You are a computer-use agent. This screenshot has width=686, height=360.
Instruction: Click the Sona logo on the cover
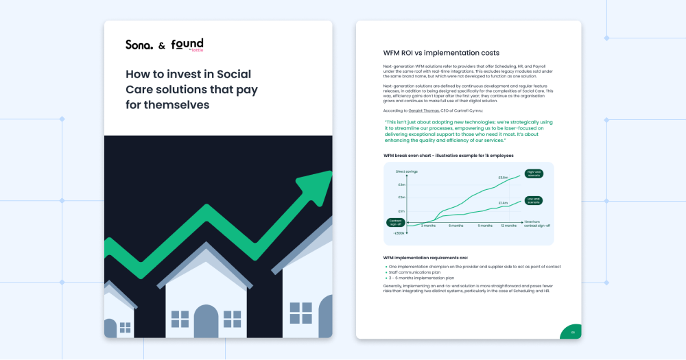point(139,45)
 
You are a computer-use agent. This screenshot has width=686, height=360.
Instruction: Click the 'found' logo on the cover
point(187,45)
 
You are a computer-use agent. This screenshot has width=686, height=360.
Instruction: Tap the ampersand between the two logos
point(162,46)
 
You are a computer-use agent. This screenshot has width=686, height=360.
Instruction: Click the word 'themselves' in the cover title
point(176,105)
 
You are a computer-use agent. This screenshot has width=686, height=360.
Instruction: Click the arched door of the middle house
point(206,320)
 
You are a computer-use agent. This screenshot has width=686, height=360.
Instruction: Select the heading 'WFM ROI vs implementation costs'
point(441,53)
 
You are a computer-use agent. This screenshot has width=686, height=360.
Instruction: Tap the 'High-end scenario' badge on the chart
point(534,173)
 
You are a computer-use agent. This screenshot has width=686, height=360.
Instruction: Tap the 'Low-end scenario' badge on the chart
point(534,200)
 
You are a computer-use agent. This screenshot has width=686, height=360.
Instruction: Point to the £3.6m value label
point(503,178)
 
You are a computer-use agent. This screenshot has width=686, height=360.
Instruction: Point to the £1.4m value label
point(503,203)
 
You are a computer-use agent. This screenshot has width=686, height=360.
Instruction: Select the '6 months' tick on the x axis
point(456,226)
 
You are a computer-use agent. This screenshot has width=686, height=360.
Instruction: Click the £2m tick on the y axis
point(401,197)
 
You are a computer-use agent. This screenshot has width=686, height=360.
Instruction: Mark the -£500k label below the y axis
point(399,233)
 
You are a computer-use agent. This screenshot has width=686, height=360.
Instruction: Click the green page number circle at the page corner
point(572,333)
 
